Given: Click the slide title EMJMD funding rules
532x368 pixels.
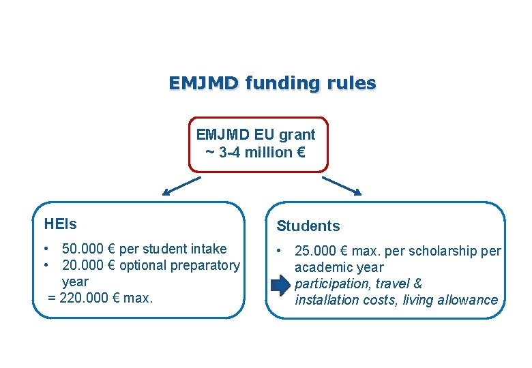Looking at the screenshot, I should point(272,83).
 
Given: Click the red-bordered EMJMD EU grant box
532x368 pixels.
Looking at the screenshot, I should point(258,144).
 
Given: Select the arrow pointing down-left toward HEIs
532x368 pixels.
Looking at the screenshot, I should point(183,185).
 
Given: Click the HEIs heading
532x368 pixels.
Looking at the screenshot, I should point(60,224).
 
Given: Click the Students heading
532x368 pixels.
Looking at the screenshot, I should point(308,226).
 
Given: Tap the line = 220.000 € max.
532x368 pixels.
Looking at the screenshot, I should point(101,298).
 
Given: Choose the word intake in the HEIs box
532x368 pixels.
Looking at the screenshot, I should point(209,249).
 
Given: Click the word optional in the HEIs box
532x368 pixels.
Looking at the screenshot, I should point(143,265).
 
